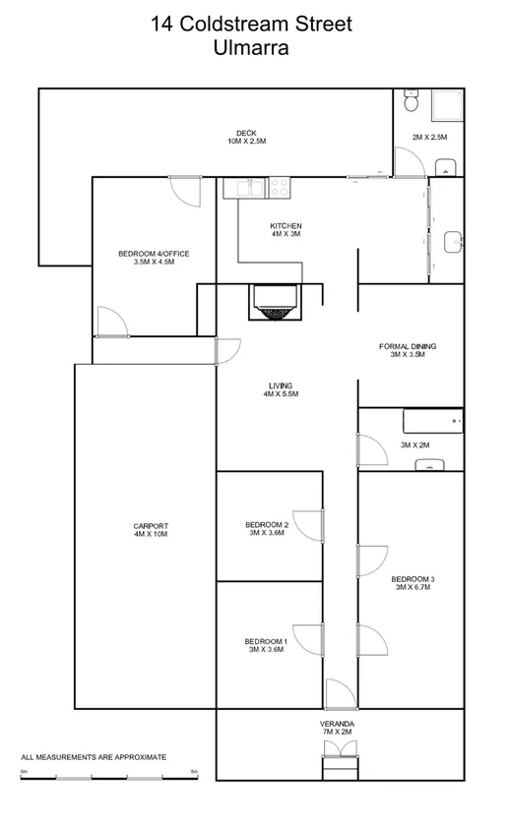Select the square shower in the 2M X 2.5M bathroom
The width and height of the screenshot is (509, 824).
point(444,104)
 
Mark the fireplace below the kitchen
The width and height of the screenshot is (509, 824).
point(273,300)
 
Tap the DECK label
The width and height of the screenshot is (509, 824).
point(246,133)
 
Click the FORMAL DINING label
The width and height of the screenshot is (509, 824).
point(408,346)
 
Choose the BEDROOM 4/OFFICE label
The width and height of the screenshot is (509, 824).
point(154,254)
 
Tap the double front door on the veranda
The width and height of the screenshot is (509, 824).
point(338,751)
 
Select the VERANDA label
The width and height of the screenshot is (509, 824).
point(338,724)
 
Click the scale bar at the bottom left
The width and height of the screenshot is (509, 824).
point(109,778)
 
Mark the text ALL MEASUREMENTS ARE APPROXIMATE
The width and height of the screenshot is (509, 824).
point(94,757)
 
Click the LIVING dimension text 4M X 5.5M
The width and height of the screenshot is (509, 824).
point(280,394)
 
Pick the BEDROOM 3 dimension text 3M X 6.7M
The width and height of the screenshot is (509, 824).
point(412,587)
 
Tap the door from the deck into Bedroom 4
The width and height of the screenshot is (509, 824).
point(185,189)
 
